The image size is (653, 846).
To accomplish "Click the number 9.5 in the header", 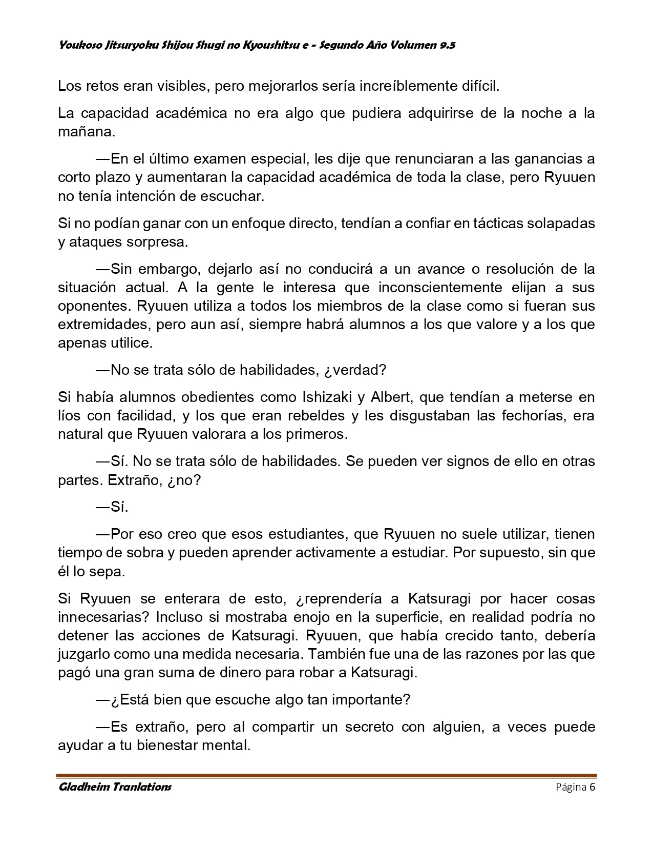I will [x=447, y=46].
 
